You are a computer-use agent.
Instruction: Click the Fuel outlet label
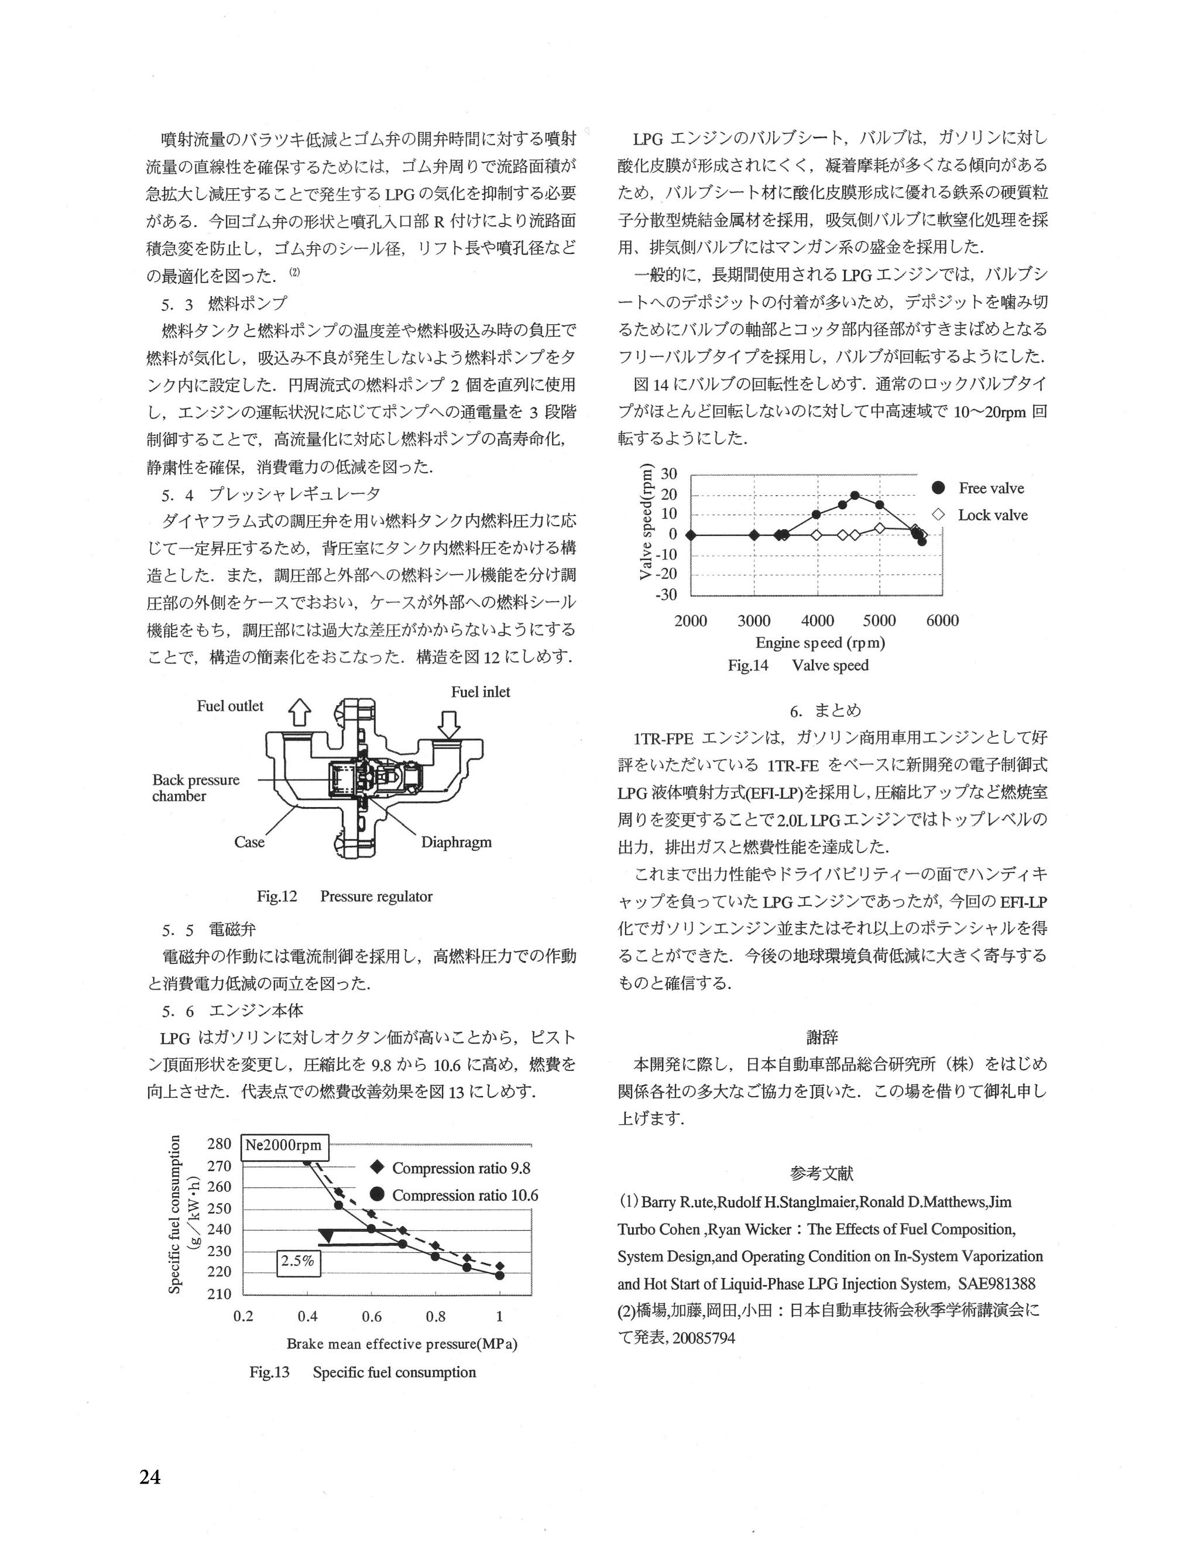point(230,706)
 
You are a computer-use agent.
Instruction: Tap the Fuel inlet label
point(481,692)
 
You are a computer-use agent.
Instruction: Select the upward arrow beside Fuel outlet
point(300,712)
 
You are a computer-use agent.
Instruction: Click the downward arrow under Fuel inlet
point(449,725)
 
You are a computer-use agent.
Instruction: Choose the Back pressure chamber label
point(196,788)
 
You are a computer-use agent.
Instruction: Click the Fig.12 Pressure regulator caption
point(345,897)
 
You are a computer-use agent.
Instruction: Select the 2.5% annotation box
point(298,1261)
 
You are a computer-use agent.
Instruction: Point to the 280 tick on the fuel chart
point(219,1145)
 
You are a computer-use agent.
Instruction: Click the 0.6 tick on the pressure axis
point(371,1317)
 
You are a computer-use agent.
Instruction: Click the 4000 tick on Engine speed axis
point(817,621)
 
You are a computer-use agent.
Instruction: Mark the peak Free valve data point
point(855,496)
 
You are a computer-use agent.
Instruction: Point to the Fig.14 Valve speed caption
point(798,665)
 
